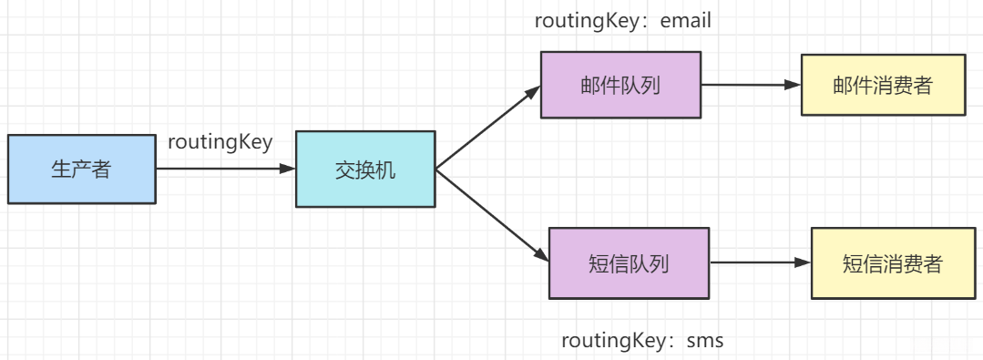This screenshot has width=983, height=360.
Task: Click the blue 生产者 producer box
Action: pyautogui.click(x=81, y=170)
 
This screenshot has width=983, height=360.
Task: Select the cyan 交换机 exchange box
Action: pyautogui.click(x=365, y=170)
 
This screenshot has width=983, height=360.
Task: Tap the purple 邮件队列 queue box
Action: pyautogui.click(x=620, y=85)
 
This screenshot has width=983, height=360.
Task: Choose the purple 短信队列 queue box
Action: pyautogui.click(x=629, y=263)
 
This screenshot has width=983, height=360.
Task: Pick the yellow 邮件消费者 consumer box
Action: pyautogui.click(x=883, y=85)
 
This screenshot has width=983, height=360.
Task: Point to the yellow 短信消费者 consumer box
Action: pyautogui.click(x=892, y=263)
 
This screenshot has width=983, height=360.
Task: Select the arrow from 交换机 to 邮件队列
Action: pyautogui.click(x=487, y=128)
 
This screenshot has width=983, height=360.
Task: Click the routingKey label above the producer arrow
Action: pyautogui.click(x=220, y=142)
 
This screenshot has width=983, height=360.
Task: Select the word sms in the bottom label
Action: pyautogui.click(x=704, y=341)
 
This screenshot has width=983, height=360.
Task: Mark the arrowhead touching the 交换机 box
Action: pyautogui.click(x=288, y=170)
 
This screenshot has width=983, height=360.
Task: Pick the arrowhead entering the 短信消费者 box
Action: pyautogui.click(x=803, y=263)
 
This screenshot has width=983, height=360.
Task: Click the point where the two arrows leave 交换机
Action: pyautogui.click(x=436, y=170)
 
